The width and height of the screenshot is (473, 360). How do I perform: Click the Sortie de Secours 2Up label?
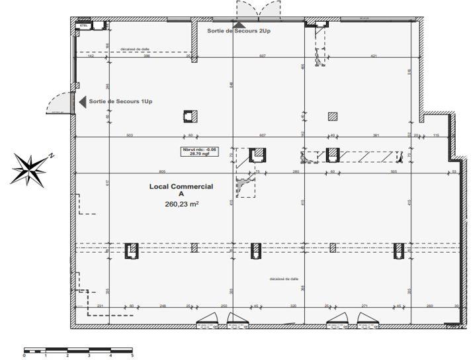240,31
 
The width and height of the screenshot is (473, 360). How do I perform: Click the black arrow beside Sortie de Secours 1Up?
83,101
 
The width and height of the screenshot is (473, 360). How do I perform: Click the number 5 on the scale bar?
132,355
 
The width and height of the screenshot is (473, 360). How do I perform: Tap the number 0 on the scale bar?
24,355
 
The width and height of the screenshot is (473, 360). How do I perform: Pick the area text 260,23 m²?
182,204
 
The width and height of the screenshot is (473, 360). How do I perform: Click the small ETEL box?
84,26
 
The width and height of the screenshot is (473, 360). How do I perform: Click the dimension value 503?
130,135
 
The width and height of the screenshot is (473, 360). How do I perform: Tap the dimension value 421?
373,56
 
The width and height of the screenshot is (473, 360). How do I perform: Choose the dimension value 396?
148,56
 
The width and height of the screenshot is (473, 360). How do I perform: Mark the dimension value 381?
376,135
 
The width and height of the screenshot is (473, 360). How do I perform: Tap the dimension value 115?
436,135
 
